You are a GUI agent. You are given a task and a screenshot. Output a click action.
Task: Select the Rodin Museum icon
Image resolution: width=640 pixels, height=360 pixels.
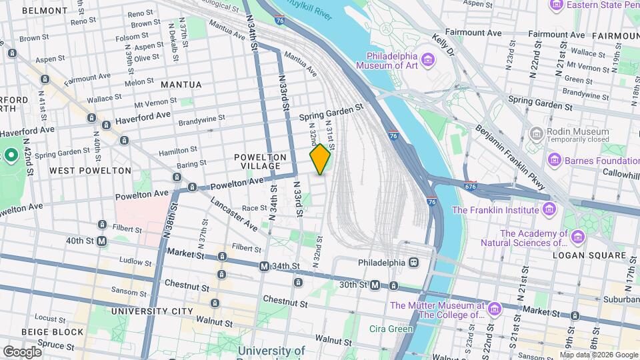pyautogui.click(x=537, y=135)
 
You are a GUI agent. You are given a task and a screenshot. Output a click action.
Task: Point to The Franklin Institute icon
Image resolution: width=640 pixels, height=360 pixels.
pyautogui.click(x=548, y=210)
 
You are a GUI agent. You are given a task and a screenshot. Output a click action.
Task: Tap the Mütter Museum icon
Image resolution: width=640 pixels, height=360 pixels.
pyautogui.click(x=495, y=310)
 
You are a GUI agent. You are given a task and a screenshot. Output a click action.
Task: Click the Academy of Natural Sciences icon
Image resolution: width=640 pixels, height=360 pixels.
pyautogui.click(x=577, y=237)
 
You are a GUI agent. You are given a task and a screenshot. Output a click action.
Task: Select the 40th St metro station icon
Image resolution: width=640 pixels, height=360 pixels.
pyautogui.click(x=102, y=241)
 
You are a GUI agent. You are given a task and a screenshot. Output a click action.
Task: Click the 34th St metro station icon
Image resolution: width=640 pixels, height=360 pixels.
pyautogui.click(x=264, y=267)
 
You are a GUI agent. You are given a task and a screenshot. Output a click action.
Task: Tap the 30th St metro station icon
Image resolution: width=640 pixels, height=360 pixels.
pyautogui.click(x=375, y=285)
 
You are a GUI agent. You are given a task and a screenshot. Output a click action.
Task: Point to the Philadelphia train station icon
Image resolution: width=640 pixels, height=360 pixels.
pyautogui.click(x=414, y=262)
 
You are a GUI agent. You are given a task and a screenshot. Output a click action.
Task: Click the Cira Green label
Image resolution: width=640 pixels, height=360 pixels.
pyautogui.click(x=391, y=328)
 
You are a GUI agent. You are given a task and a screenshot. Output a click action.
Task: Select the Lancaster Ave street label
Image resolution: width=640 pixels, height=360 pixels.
pyautogui.click(x=233, y=214)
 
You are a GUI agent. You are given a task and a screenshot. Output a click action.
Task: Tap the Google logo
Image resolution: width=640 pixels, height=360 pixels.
pyautogui.click(x=22, y=351)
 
